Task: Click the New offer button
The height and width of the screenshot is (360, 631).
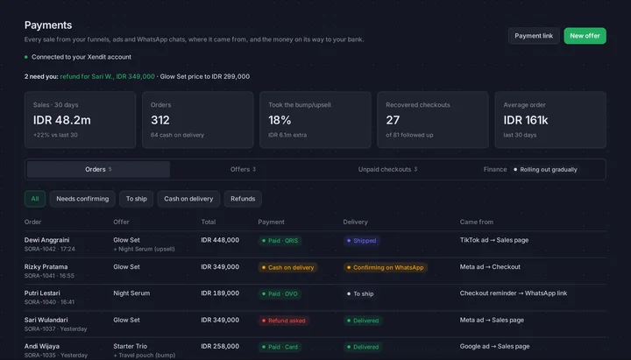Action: pyautogui.click(x=585, y=36)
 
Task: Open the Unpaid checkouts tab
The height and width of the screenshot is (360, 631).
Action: pyautogui.click(x=387, y=169)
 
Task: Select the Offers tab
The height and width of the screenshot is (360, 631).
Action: pyautogui.click(x=243, y=169)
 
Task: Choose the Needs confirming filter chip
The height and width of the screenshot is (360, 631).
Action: pyautogui.click(x=82, y=199)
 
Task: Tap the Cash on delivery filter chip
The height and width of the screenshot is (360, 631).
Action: pyautogui.click(x=188, y=199)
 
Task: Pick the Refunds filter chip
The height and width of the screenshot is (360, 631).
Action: pyautogui.click(x=243, y=199)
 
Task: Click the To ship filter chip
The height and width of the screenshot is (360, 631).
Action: pyautogui.click(x=137, y=199)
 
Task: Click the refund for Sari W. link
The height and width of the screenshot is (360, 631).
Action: pyautogui.click(x=108, y=76)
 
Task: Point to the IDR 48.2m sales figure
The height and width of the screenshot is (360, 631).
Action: pyautogui.click(x=62, y=120)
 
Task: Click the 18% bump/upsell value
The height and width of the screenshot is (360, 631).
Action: pyautogui.click(x=280, y=120)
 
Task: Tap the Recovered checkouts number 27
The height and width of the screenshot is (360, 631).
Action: pyautogui.click(x=393, y=120)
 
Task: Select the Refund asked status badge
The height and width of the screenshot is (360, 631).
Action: pyautogui.click(x=284, y=321)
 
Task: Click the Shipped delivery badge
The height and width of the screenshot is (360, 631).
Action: pyautogui.click(x=361, y=241)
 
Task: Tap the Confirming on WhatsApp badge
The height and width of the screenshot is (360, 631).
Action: pyautogui.click(x=385, y=267)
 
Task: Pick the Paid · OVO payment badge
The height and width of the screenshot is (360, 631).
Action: pyautogui.click(x=280, y=294)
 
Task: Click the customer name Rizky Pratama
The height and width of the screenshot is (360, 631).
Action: pyautogui.click(x=46, y=266)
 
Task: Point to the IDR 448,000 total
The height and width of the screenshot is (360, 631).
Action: pyautogui.click(x=220, y=240)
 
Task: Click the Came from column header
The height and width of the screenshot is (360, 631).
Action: pyautogui.click(x=477, y=222)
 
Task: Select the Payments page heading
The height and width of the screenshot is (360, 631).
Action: pyautogui.click(x=48, y=25)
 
